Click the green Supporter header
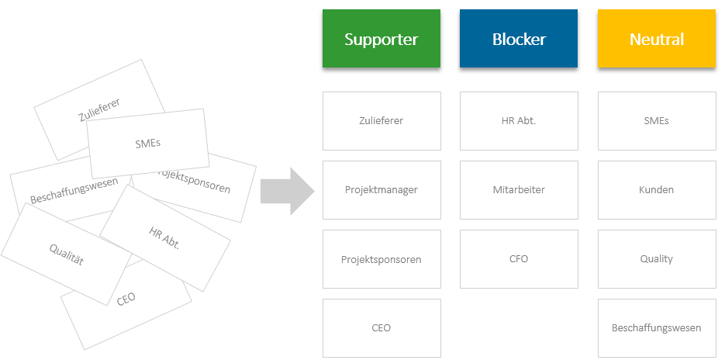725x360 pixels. point(381,39)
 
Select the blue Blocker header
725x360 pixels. point(519,39)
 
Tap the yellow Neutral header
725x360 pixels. point(657,39)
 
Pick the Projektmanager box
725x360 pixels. point(381,190)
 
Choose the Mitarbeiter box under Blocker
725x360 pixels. point(519,190)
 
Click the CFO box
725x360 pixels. point(519,259)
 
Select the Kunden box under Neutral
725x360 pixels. point(657,190)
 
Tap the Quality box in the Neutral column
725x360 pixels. point(657,259)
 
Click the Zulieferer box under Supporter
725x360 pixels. point(381,121)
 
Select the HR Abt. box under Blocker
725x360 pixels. point(519,121)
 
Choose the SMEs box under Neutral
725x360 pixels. point(657,121)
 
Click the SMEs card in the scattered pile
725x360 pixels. point(147,143)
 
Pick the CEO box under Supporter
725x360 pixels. point(381,328)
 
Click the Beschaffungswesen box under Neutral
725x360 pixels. point(657,328)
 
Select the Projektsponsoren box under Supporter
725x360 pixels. point(381,259)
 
